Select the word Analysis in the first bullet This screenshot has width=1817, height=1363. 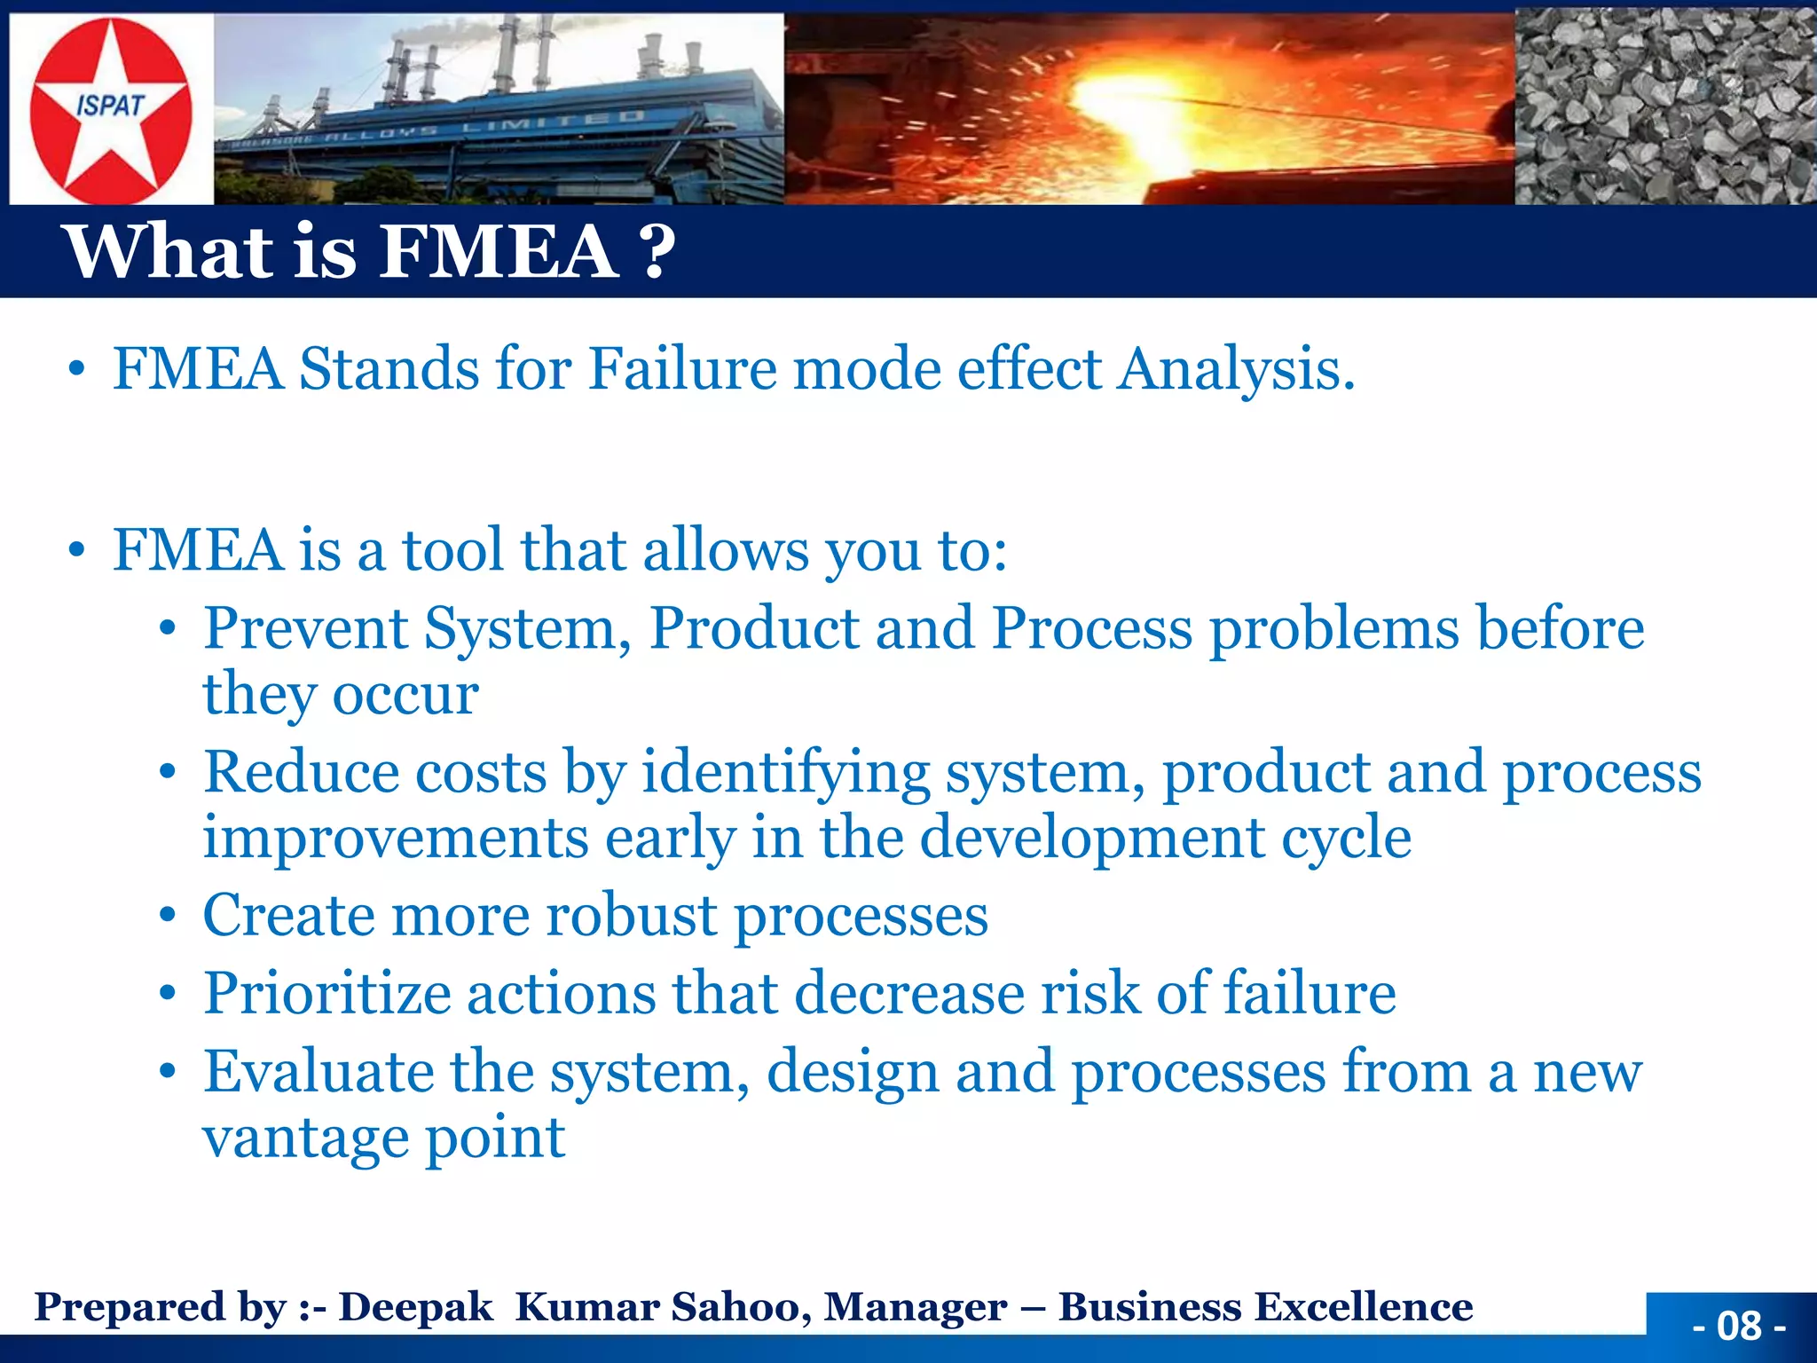[x=1235, y=368]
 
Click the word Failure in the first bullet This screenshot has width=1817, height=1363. [x=682, y=368]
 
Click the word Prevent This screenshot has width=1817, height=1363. [x=305, y=628]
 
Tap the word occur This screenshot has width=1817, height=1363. [x=405, y=694]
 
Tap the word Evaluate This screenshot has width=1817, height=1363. [x=319, y=1072]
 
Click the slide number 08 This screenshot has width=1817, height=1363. [x=1738, y=1326]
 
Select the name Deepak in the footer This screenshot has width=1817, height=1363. [x=415, y=1307]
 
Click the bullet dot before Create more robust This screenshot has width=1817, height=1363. [x=168, y=916]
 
